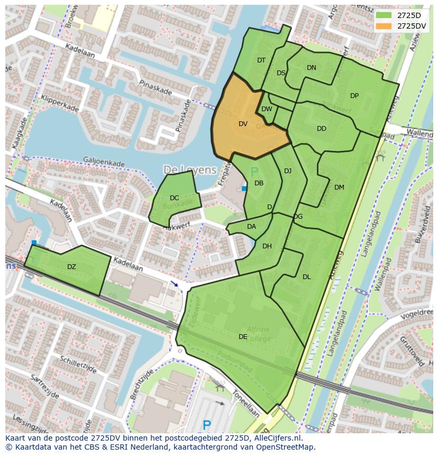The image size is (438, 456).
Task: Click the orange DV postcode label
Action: (x=243, y=124)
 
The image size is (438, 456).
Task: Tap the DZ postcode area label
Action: (x=71, y=267)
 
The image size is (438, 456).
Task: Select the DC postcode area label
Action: (x=174, y=198)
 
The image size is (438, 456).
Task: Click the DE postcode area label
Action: (x=243, y=336)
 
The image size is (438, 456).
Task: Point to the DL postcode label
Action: (x=307, y=276)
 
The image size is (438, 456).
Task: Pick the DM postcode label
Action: (x=339, y=187)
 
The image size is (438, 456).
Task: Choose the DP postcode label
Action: (x=354, y=96)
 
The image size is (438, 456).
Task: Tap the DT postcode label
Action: (x=261, y=60)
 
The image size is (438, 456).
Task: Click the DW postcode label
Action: (x=267, y=109)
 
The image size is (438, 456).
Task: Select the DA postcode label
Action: (x=251, y=227)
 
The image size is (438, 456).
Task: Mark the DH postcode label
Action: (x=267, y=246)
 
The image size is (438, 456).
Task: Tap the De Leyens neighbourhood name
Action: (x=190, y=170)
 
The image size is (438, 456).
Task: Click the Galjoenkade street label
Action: (x=103, y=162)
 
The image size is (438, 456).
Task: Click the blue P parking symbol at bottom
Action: (x=207, y=425)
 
